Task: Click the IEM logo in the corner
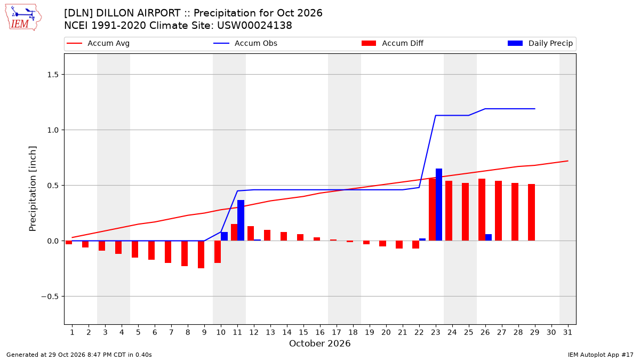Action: point(23,17)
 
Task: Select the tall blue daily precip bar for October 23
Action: point(439,205)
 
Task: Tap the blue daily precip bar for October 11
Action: point(241,220)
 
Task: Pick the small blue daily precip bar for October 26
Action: point(489,237)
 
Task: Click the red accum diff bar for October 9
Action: point(201,254)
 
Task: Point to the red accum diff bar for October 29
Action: point(531,212)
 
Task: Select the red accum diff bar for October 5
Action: point(135,249)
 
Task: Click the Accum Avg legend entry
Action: point(98,43)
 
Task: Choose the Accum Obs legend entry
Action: point(245,43)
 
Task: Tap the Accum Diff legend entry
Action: point(393,43)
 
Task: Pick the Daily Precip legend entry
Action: point(540,43)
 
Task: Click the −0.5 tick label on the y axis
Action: point(50,297)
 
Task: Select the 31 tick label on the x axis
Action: point(567,332)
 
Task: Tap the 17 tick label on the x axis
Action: point(337,332)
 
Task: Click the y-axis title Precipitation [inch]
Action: point(33,189)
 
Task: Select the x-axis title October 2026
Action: point(319,343)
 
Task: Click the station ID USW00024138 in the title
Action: point(254,26)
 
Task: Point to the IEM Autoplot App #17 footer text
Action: point(601,355)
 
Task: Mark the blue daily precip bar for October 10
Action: point(225,236)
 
